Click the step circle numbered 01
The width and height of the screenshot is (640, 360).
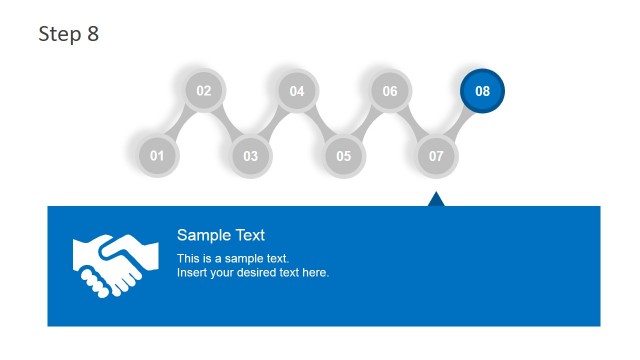click(x=157, y=155)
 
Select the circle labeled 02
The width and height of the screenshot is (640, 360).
click(x=204, y=91)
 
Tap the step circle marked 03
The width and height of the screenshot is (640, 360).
click(x=251, y=155)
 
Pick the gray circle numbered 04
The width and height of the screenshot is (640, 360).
click(x=297, y=91)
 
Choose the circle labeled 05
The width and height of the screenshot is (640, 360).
click(x=344, y=155)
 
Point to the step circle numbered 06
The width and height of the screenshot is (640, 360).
click(x=390, y=91)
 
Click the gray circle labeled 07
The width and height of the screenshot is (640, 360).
click(x=437, y=155)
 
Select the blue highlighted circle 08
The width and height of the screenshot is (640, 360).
click(x=483, y=91)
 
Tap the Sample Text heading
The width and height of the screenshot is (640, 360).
click(x=221, y=236)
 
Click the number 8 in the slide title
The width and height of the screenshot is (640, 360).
click(x=93, y=34)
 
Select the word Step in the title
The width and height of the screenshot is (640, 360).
click(x=60, y=34)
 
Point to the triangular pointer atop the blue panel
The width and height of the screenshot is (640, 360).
click(x=436, y=199)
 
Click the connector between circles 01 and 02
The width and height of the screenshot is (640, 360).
click(x=180, y=124)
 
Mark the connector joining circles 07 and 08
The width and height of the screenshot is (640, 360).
click(x=460, y=123)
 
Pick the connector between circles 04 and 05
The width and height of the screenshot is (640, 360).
click(x=321, y=123)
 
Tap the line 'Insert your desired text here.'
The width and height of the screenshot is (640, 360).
click(x=253, y=272)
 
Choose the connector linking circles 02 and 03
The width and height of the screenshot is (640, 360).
click(x=228, y=123)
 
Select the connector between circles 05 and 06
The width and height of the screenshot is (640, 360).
click(x=367, y=123)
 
